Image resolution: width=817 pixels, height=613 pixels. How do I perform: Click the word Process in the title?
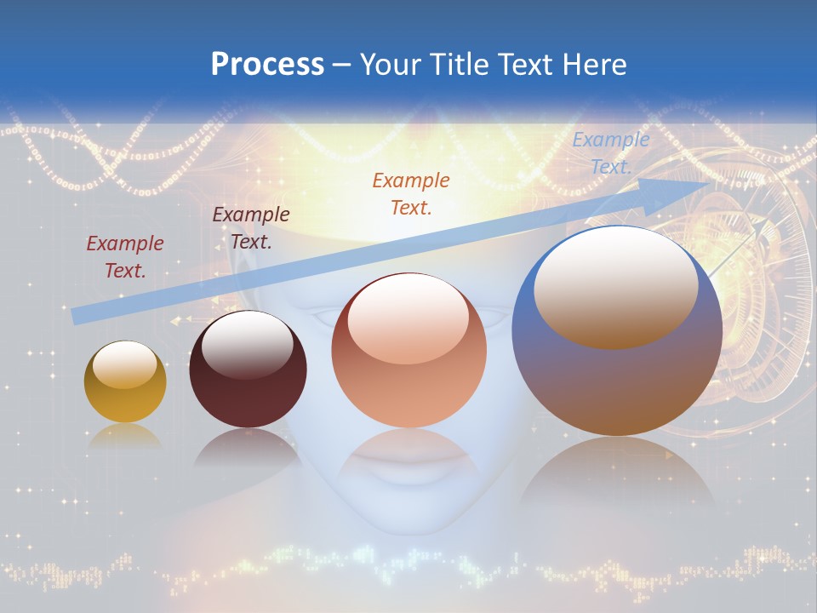click(267, 65)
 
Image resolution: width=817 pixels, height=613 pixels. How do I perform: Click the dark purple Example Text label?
click(250, 227)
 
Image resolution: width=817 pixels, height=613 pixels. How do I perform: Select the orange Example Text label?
click(410, 193)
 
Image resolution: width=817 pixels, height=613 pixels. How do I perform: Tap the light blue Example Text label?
click(610, 153)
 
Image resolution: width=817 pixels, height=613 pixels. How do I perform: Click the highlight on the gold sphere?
click(124, 364)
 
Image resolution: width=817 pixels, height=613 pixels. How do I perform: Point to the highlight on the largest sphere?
click(615, 285)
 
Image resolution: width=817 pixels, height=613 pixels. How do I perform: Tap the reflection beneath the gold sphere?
click(125, 436)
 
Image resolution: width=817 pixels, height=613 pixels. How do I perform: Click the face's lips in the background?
click(408, 468)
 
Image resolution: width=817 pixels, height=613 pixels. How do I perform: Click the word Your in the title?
click(387, 65)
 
